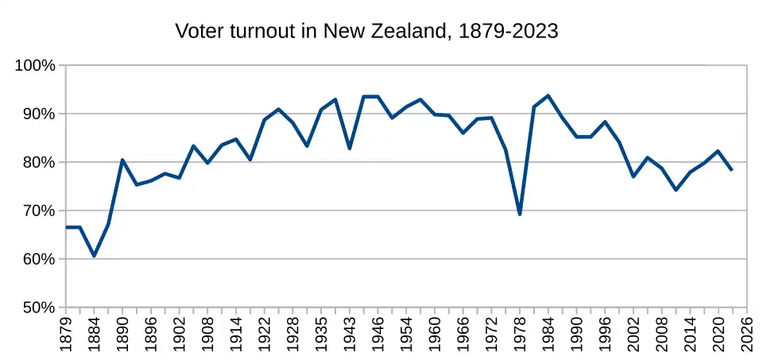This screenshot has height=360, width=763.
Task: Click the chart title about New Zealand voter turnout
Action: point(366,32)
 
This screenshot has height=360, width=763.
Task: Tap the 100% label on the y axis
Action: point(35,65)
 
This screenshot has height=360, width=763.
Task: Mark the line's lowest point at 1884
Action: point(94,256)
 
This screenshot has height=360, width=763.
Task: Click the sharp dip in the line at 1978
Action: point(520,214)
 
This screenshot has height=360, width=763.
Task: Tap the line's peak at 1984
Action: point(548,96)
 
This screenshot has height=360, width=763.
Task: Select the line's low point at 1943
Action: point(350,149)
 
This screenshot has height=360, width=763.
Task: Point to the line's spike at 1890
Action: point(122,160)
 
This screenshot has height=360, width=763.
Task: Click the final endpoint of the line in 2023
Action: point(732,170)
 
